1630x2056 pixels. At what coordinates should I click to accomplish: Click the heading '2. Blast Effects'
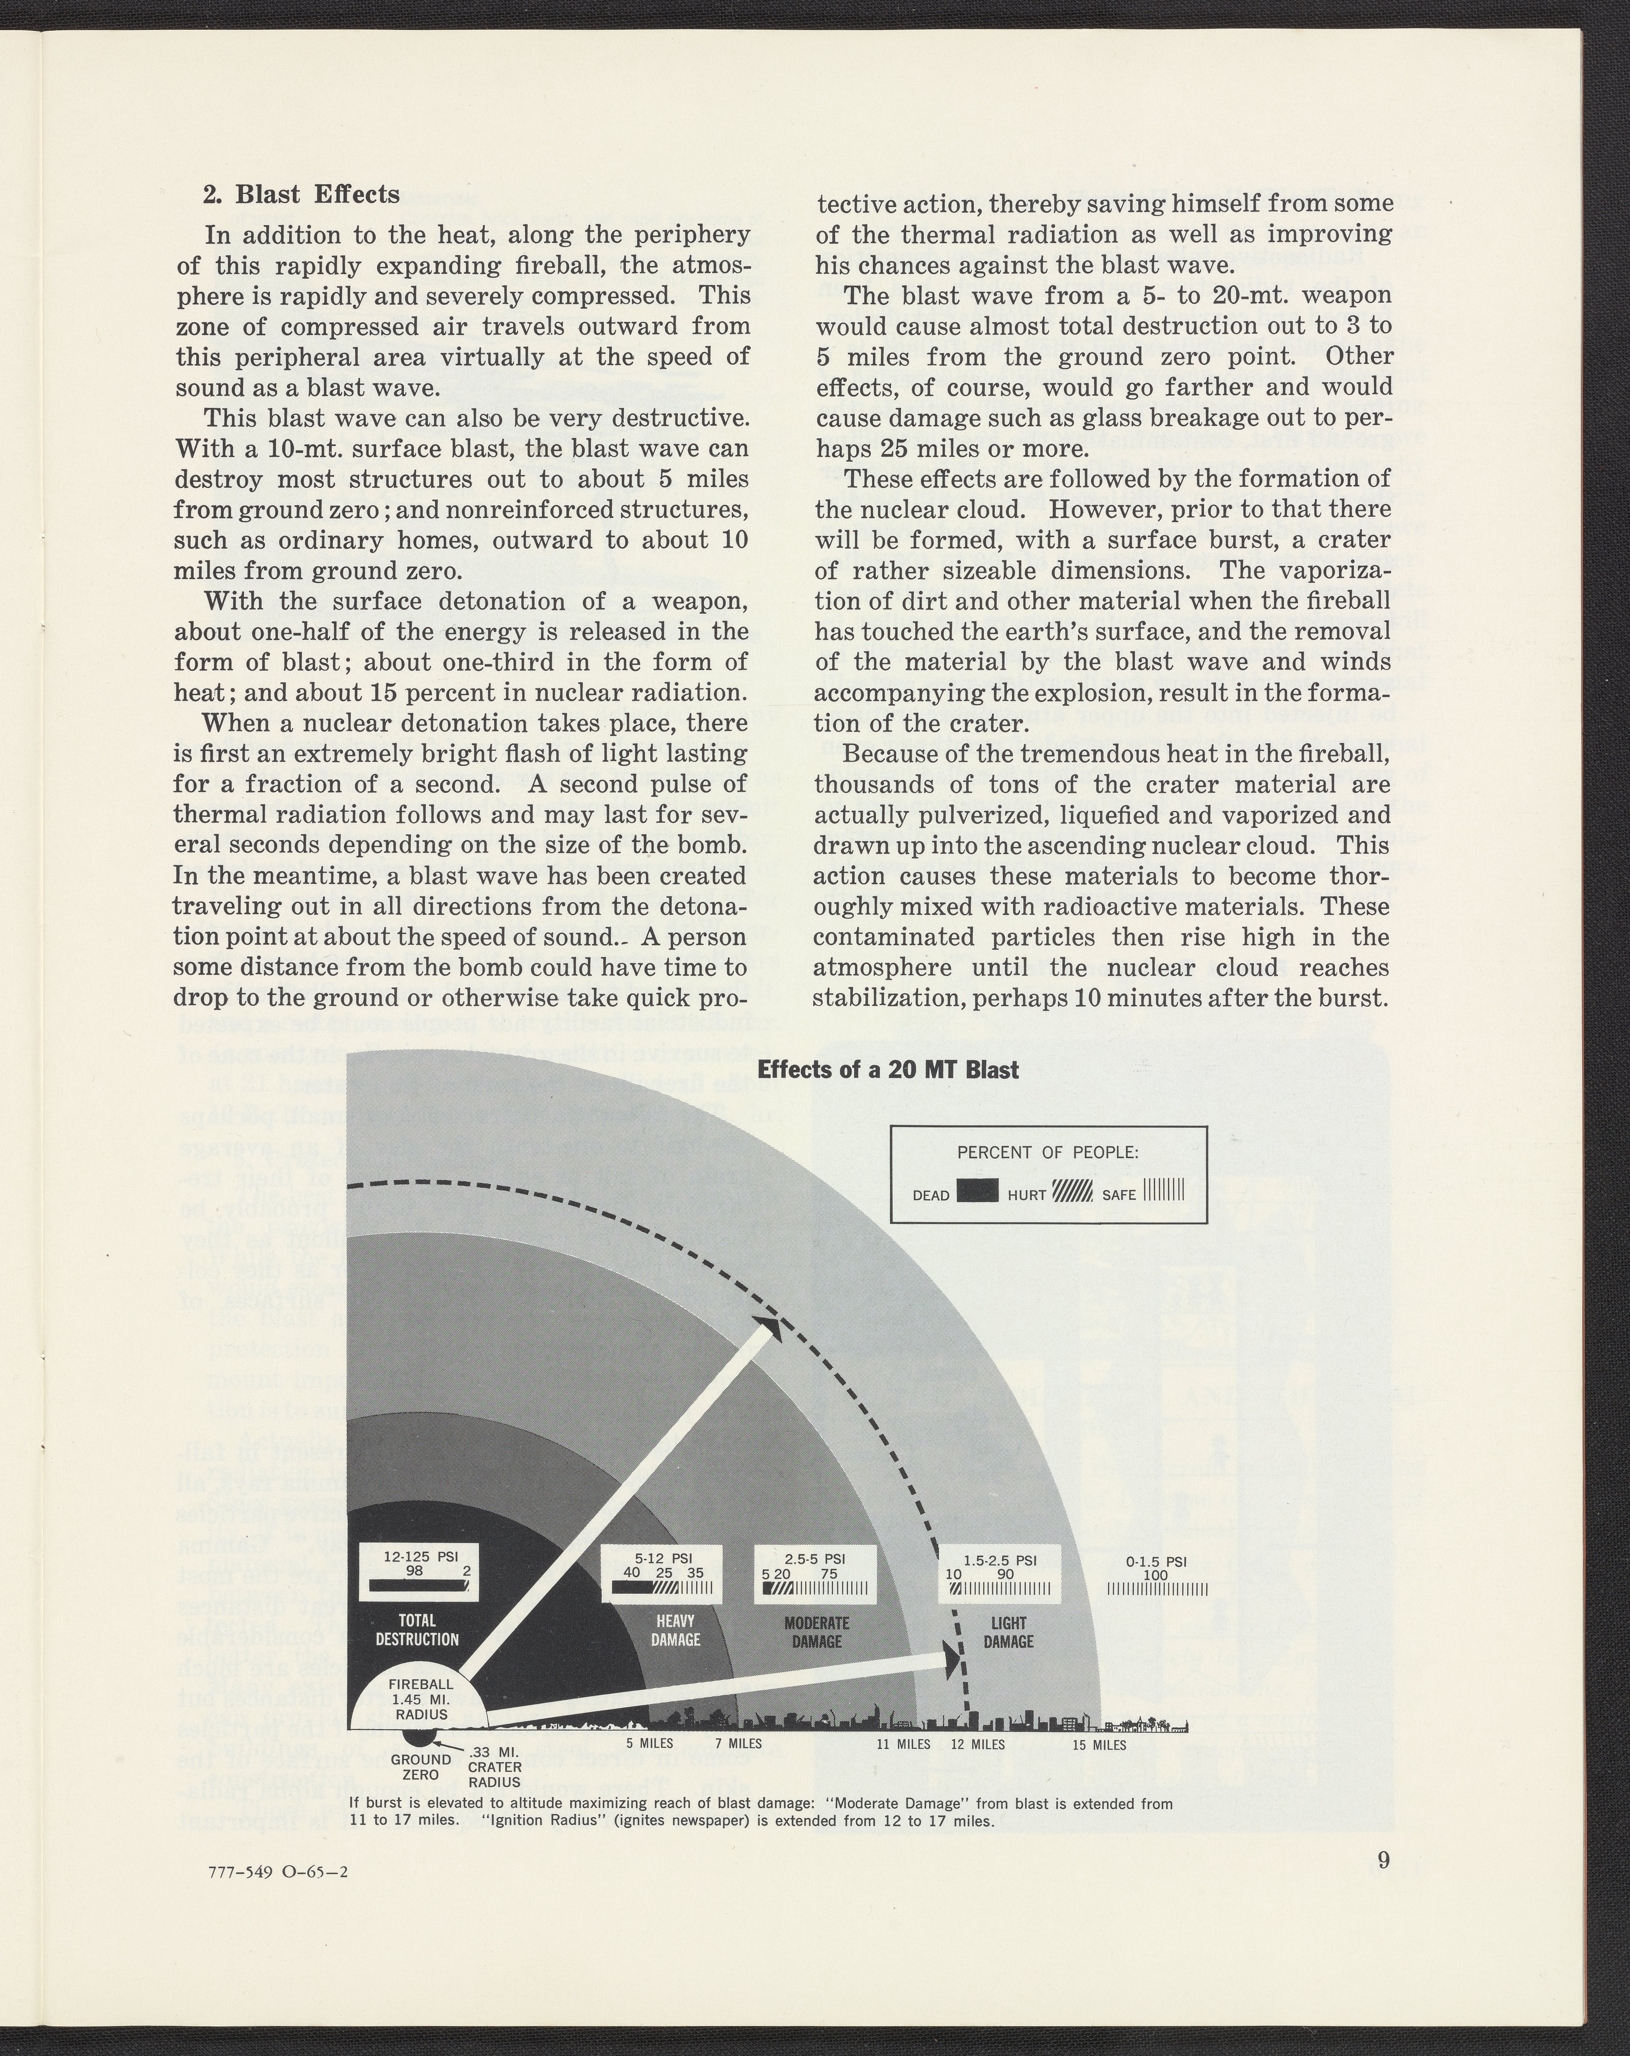click(301, 194)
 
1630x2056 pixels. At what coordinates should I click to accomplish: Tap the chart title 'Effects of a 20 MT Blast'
click(887, 1070)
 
